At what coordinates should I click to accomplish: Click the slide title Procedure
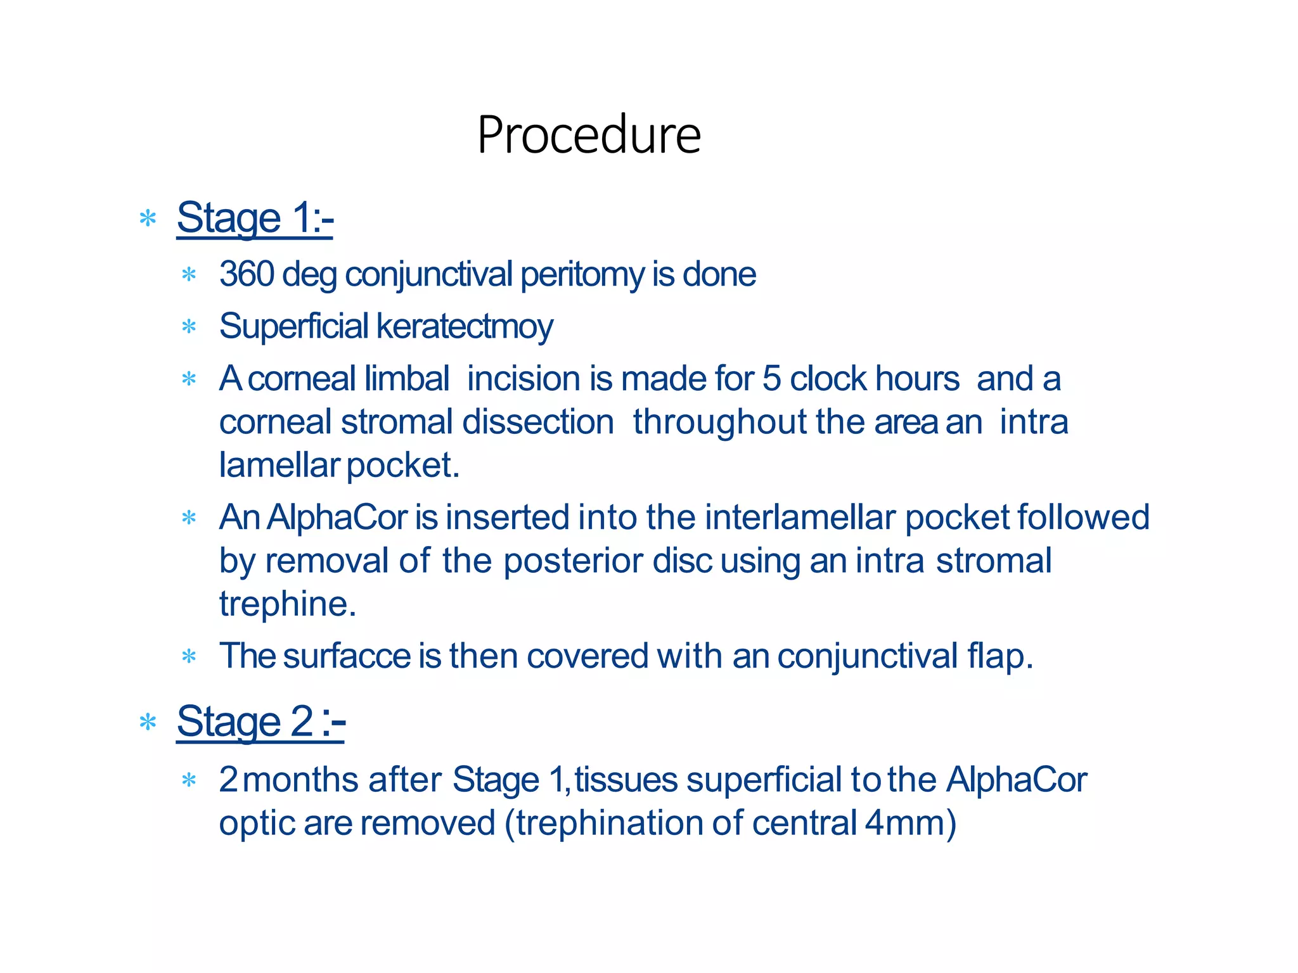[x=589, y=135]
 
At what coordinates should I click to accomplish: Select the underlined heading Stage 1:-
[x=255, y=218]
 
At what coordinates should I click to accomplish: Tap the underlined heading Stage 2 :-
[x=260, y=722]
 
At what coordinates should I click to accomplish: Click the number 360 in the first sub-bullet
[x=247, y=274]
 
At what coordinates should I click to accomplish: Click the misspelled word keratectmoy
[x=465, y=327]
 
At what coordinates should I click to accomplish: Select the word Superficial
[x=293, y=326]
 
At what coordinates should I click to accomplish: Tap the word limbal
[x=407, y=379]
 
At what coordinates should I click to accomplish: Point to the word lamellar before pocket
[x=280, y=465]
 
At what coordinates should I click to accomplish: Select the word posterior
[x=573, y=561]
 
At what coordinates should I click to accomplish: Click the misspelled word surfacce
[x=347, y=656]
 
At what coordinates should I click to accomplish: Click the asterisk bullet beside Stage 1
[x=148, y=219]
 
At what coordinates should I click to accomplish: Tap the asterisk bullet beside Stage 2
[x=148, y=722]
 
